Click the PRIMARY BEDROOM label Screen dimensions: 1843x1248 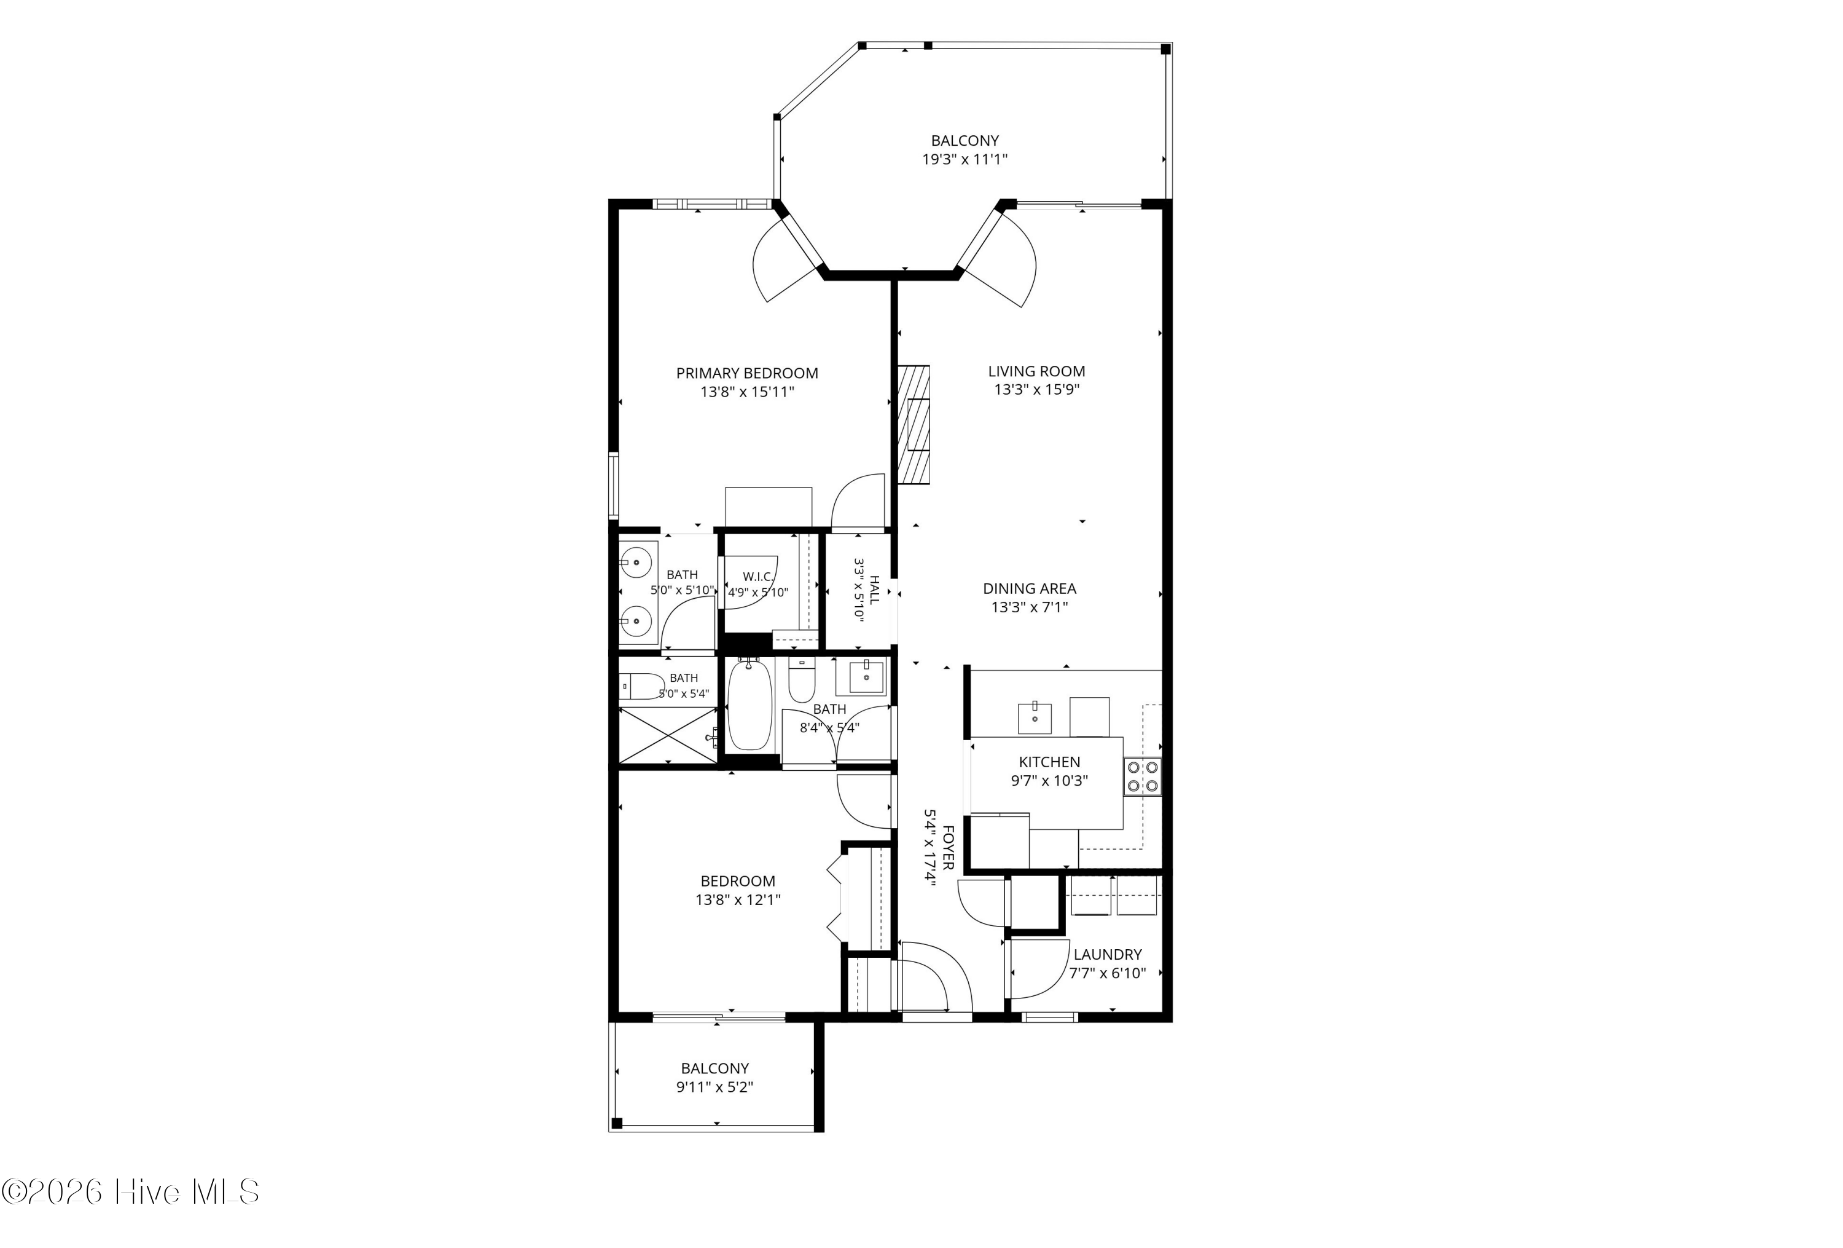click(747, 373)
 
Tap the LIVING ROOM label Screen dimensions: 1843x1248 click(1036, 371)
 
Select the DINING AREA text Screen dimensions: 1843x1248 click(1030, 589)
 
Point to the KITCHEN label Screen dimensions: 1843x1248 click(1049, 762)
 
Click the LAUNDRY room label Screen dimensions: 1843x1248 click(1108, 955)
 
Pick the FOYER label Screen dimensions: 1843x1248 click(949, 847)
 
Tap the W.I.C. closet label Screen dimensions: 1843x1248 click(758, 577)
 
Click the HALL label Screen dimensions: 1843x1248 click(874, 590)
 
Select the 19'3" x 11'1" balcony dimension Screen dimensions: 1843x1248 click(965, 159)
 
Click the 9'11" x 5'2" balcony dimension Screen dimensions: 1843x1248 click(714, 1087)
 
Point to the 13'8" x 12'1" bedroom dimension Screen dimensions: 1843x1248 click(738, 899)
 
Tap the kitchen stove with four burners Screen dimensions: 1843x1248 click(1143, 776)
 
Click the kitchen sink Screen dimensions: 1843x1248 click(1035, 718)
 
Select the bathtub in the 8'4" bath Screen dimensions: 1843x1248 click(749, 705)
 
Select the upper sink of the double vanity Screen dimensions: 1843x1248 click(636, 563)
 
